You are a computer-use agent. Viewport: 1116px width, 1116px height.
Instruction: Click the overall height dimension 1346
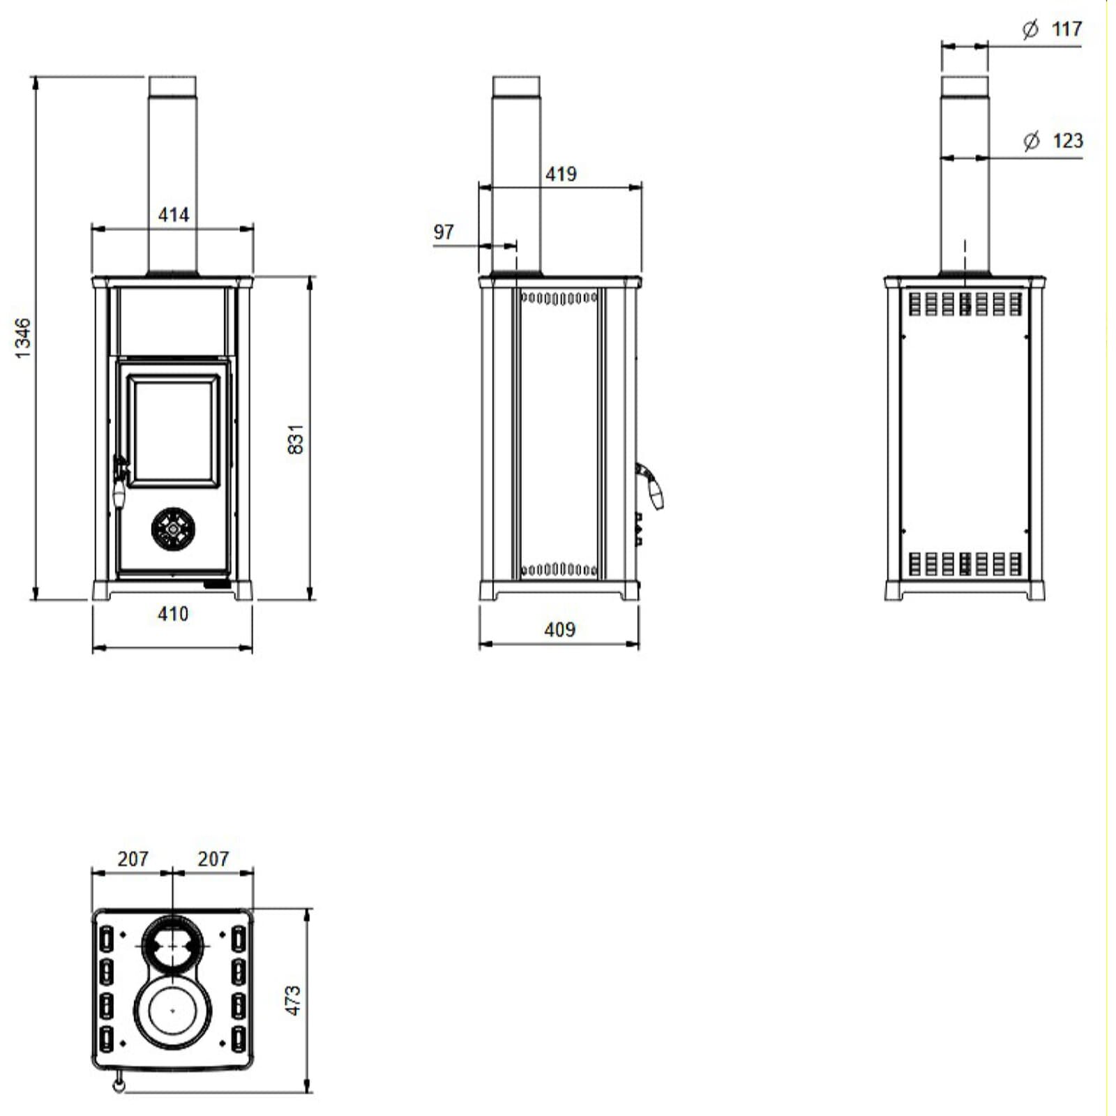23,338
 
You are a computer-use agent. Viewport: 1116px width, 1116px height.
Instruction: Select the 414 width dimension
173,215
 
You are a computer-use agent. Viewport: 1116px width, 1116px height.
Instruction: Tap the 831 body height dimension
296,439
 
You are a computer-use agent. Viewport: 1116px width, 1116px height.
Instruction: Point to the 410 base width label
172,614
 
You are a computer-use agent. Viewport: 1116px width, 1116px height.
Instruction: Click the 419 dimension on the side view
561,174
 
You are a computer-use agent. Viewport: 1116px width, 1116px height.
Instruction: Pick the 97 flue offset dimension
444,232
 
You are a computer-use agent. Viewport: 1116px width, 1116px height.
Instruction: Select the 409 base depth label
559,630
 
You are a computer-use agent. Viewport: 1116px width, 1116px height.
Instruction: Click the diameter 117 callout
1053,29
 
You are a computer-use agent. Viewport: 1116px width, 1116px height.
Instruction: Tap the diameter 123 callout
1053,141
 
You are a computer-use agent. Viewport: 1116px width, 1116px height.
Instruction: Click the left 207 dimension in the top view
133,859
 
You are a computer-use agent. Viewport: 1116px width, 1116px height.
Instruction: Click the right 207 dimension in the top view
213,859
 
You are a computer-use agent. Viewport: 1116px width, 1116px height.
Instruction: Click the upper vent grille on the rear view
965,304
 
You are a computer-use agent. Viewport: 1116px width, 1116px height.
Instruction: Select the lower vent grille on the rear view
965,564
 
